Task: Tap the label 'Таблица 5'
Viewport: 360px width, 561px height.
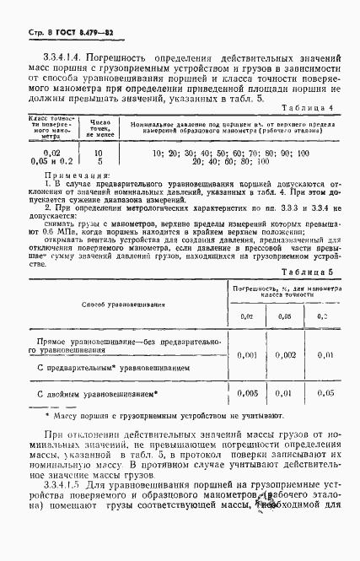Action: point(307,272)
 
